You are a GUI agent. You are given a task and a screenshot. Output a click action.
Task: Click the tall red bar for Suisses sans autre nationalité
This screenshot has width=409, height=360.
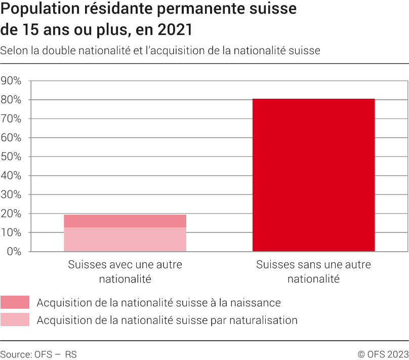point(313,175)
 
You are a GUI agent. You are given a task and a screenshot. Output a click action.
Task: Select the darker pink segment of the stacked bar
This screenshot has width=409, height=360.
point(125,221)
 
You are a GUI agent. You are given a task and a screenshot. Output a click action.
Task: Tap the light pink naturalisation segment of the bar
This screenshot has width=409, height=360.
point(125,239)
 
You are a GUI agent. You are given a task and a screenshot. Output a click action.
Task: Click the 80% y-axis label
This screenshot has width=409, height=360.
point(11,100)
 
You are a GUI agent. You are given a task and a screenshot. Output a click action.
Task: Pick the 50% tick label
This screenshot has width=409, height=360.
point(11,157)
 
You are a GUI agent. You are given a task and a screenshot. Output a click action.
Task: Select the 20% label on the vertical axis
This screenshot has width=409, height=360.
point(11,214)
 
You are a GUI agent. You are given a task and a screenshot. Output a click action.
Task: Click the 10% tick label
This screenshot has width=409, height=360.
point(11,233)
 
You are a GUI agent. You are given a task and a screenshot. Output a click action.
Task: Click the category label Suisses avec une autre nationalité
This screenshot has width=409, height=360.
point(125,271)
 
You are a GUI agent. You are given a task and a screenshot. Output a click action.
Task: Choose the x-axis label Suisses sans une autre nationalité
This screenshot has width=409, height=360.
point(313,271)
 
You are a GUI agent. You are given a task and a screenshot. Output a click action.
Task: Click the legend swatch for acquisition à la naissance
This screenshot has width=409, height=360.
point(15,303)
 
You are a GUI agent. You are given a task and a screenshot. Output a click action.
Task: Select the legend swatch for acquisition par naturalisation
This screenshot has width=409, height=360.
point(15,320)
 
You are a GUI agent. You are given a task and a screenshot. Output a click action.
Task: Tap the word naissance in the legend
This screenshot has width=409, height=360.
point(257,303)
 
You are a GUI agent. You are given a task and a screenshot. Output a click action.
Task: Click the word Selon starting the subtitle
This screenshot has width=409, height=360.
point(13,51)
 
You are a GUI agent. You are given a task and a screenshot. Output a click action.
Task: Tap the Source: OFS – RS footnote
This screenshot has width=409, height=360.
point(38,354)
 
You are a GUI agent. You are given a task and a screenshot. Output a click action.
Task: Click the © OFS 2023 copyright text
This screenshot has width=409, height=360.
point(383,354)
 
